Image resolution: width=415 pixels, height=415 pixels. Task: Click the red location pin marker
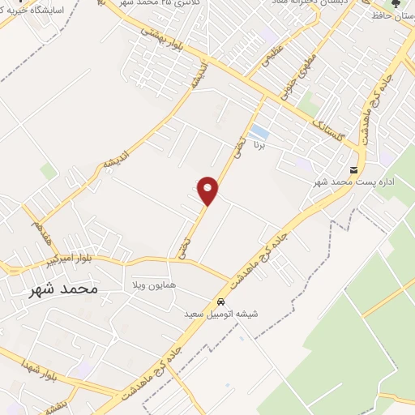pos(208,190)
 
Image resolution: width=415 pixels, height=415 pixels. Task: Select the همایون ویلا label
pos(155,286)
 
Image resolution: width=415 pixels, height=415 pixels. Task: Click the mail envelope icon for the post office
pos(353,169)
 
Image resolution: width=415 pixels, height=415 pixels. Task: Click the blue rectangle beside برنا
pos(259,131)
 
